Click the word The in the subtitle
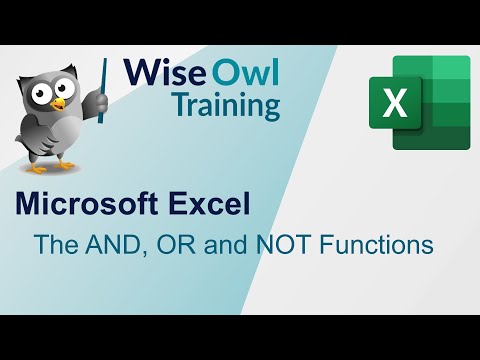point(53,243)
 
